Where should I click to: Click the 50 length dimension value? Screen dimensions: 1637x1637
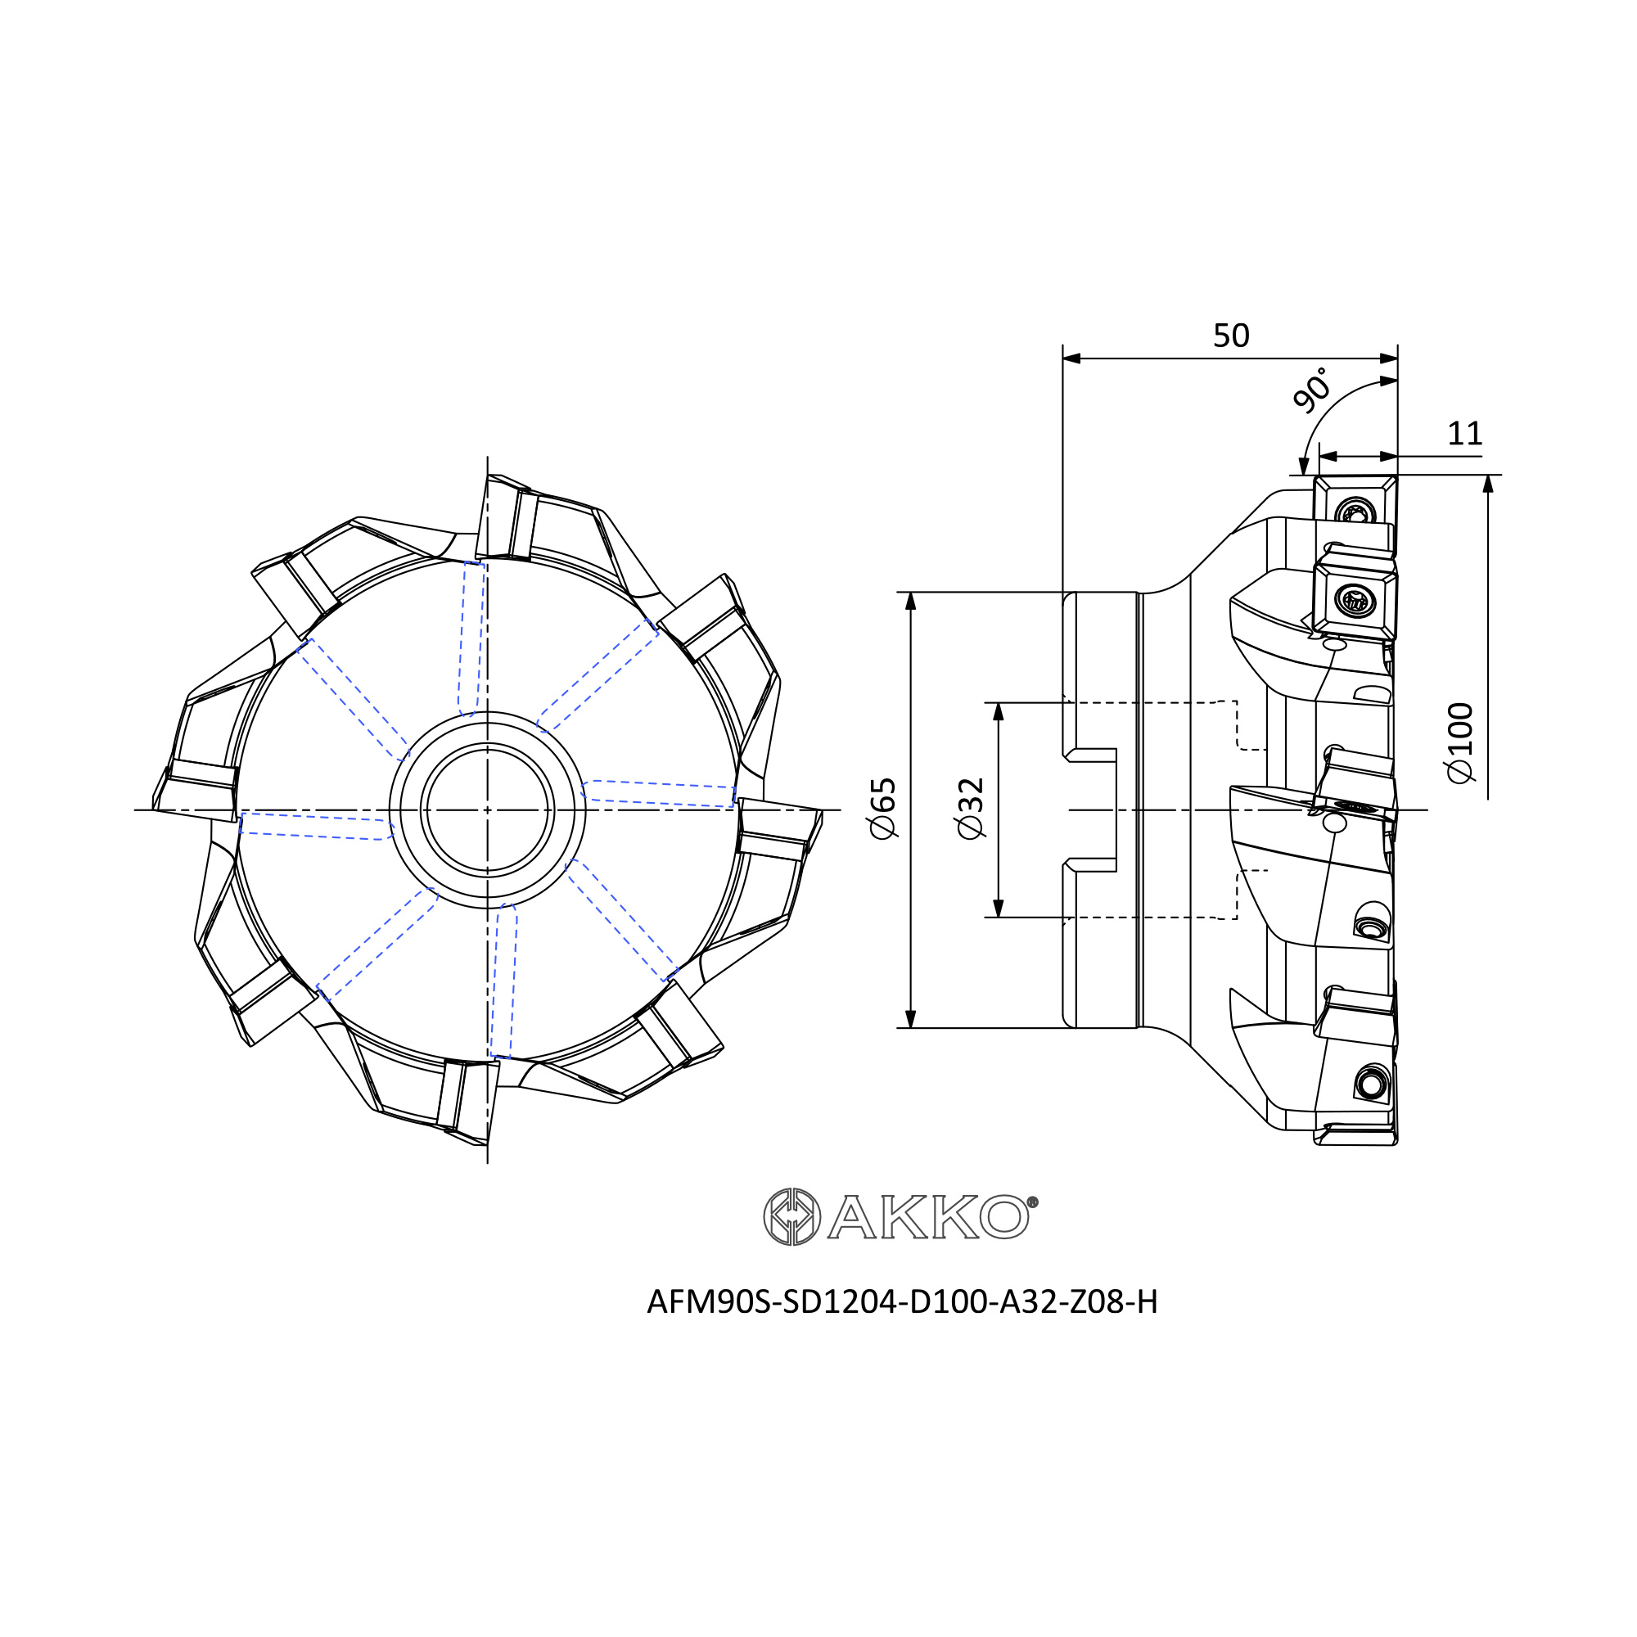tap(1231, 336)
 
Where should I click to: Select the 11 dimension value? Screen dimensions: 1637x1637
tap(1465, 434)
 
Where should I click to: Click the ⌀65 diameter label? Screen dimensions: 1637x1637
tap(883, 809)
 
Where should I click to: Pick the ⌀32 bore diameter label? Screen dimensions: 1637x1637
tap(971, 809)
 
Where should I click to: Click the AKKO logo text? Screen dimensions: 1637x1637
tap(928, 1218)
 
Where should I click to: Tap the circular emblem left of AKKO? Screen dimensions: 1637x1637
tap(791, 1217)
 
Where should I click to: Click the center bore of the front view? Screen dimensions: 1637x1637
tap(487, 810)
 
